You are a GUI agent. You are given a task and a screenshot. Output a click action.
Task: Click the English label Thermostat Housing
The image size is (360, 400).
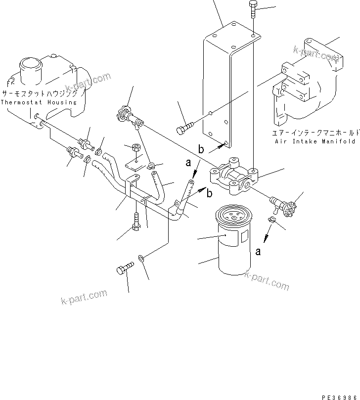click(x=39, y=102)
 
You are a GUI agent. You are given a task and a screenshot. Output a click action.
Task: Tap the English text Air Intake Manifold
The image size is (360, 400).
click(x=315, y=141)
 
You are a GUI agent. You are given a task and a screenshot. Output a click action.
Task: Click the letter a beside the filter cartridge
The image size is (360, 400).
click(x=258, y=252)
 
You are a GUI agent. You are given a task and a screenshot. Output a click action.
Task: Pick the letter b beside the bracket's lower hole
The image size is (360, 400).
click(x=201, y=149)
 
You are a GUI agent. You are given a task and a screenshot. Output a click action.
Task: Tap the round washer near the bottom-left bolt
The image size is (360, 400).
click(x=142, y=258)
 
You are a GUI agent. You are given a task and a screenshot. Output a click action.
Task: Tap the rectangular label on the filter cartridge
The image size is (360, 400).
click(x=244, y=238)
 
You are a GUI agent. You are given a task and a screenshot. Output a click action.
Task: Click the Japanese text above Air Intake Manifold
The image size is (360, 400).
click(x=315, y=133)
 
